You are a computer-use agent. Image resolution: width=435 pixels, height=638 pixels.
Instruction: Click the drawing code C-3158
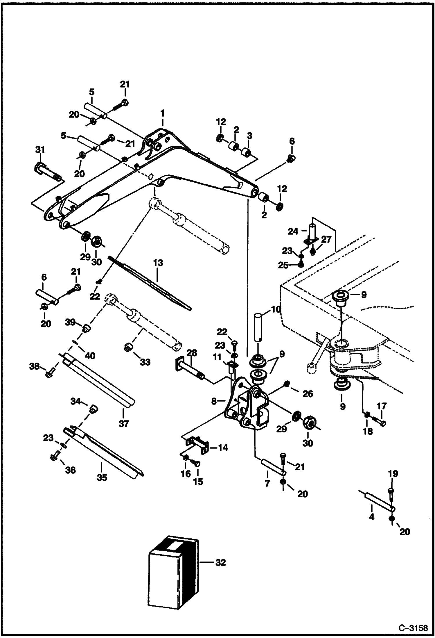click(413, 627)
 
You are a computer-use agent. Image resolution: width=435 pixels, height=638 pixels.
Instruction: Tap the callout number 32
click(221, 563)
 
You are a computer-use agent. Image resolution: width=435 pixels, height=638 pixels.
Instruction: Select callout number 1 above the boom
click(163, 113)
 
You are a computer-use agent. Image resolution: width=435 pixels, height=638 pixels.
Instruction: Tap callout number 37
click(124, 424)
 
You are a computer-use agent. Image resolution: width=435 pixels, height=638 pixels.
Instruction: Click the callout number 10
click(276, 309)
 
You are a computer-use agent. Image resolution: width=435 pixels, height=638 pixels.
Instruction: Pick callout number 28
click(192, 353)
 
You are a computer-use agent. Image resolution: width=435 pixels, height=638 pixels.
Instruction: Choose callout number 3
click(249, 136)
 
